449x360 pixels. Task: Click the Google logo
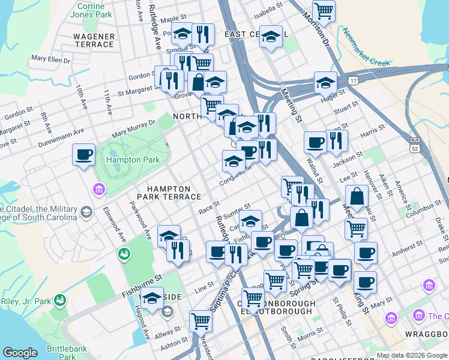pyautogui.click(x=20, y=353)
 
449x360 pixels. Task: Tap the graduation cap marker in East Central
pyautogui.click(x=271, y=37)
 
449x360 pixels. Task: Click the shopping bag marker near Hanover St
pyautogui.click(x=357, y=196)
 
